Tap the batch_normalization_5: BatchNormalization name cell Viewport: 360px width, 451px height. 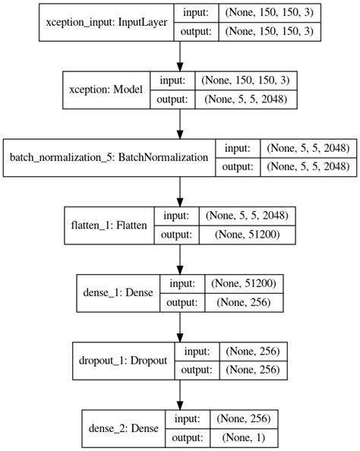109,157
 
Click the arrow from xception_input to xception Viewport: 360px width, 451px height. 180,55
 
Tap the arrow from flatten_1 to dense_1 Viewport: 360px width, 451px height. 180,259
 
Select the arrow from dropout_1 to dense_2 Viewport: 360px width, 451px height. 180,395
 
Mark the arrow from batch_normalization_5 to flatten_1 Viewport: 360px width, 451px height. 180,191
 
